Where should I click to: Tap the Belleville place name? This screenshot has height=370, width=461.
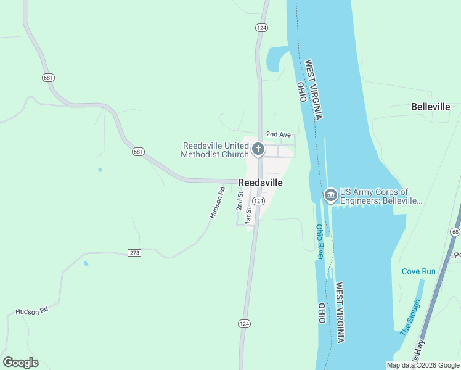(430, 107)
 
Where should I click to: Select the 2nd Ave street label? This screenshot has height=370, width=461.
(278, 134)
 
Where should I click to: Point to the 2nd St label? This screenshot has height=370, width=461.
(240, 201)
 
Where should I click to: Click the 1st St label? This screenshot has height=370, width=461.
(249, 215)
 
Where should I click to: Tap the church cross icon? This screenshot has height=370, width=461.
(258, 150)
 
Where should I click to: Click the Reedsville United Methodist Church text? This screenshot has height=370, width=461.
(216, 150)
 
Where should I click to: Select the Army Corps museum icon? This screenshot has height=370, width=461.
(330, 196)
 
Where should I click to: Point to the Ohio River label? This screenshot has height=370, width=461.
(320, 241)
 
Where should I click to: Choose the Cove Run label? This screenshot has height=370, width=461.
(418, 271)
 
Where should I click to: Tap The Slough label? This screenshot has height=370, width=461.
(410, 318)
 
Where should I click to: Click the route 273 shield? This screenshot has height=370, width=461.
(135, 253)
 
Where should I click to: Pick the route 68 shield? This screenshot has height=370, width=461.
(455, 231)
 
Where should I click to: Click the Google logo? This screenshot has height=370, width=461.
(20, 363)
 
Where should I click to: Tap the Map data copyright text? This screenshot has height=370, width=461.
(423, 365)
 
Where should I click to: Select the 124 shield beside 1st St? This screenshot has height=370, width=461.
(259, 202)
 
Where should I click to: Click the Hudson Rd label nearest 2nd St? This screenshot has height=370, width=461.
(216, 203)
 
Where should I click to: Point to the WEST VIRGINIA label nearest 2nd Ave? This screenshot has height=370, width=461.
(314, 89)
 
